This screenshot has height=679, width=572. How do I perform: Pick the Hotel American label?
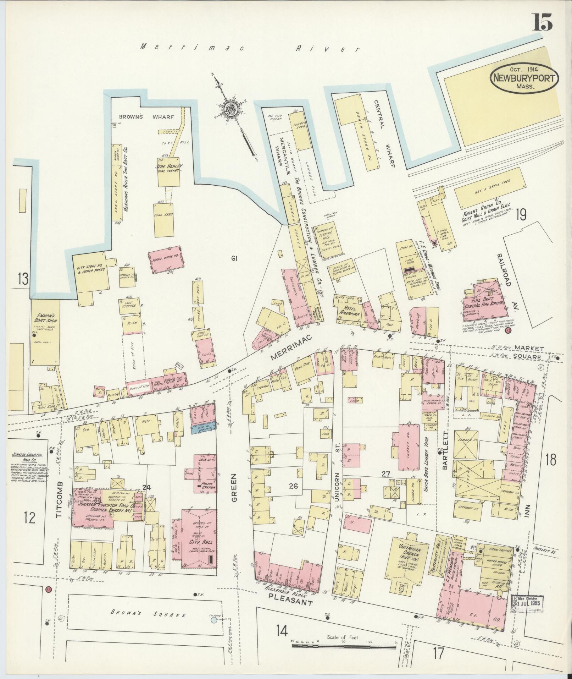click(350, 311)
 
